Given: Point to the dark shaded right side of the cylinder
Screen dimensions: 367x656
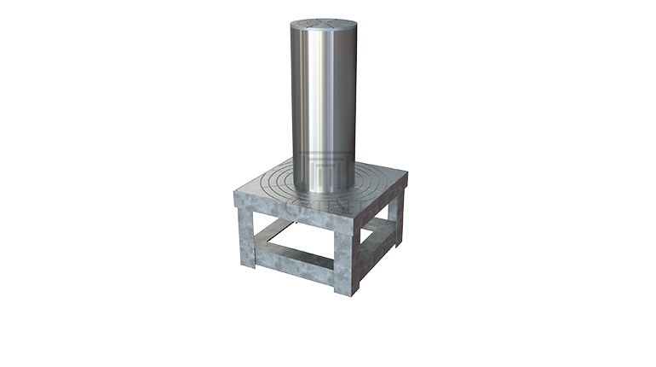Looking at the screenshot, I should point(354,94).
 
